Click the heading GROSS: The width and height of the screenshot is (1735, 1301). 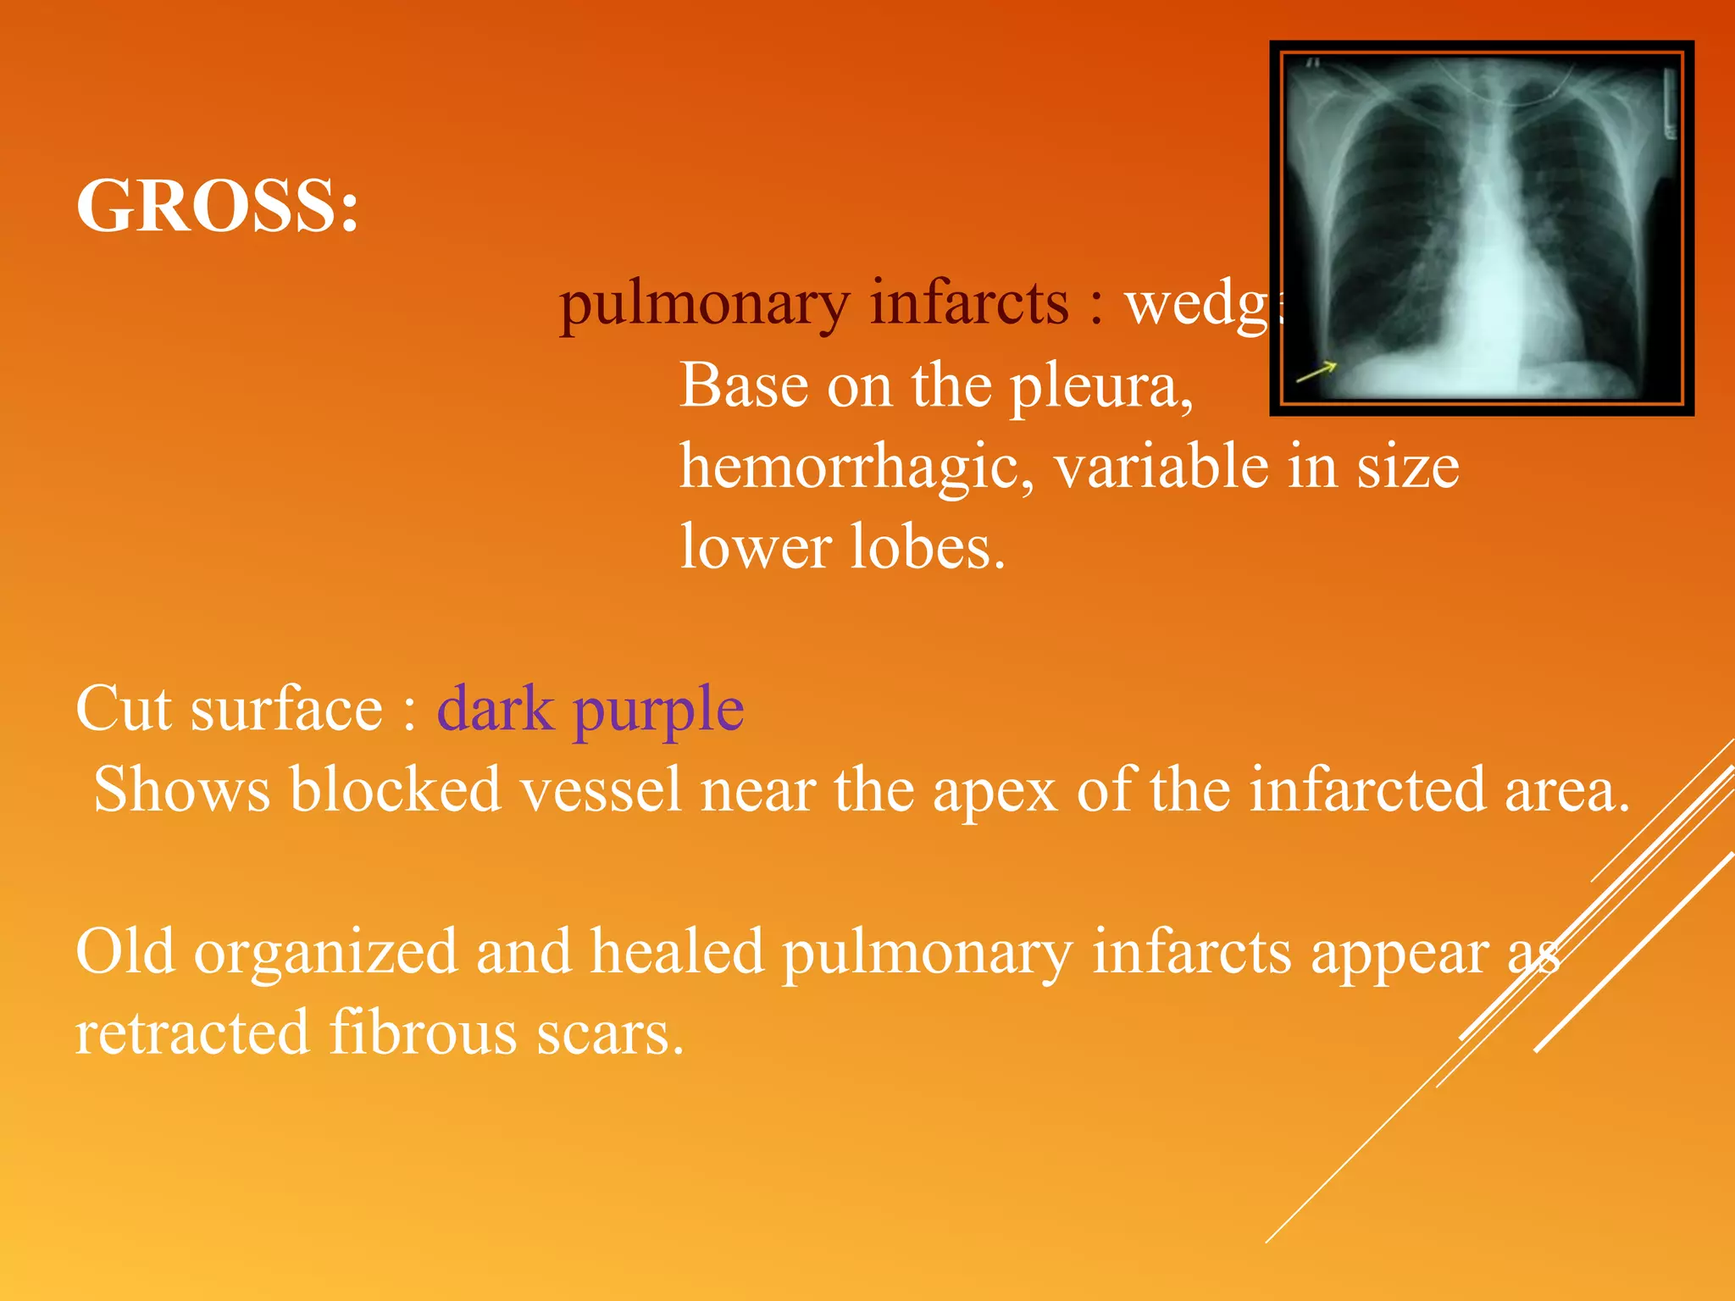pyautogui.click(x=218, y=206)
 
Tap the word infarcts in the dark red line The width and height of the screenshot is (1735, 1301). pyautogui.click(x=970, y=303)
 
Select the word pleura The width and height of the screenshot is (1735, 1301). pyautogui.click(x=1101, y=387)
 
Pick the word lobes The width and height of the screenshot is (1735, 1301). pyautogui.click(x=927, y=547)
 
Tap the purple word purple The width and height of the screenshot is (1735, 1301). pyautogui.click(x=658, y=711)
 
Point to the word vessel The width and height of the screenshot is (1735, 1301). pyautogui.click(x=601, y=789)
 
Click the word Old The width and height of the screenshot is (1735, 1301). pyautogui.click(x=126, y=951)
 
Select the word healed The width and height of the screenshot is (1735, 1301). pyautogui.click(x=678, y=951)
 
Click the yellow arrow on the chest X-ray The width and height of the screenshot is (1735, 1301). pyautogui.click(x=1316, y=370)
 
